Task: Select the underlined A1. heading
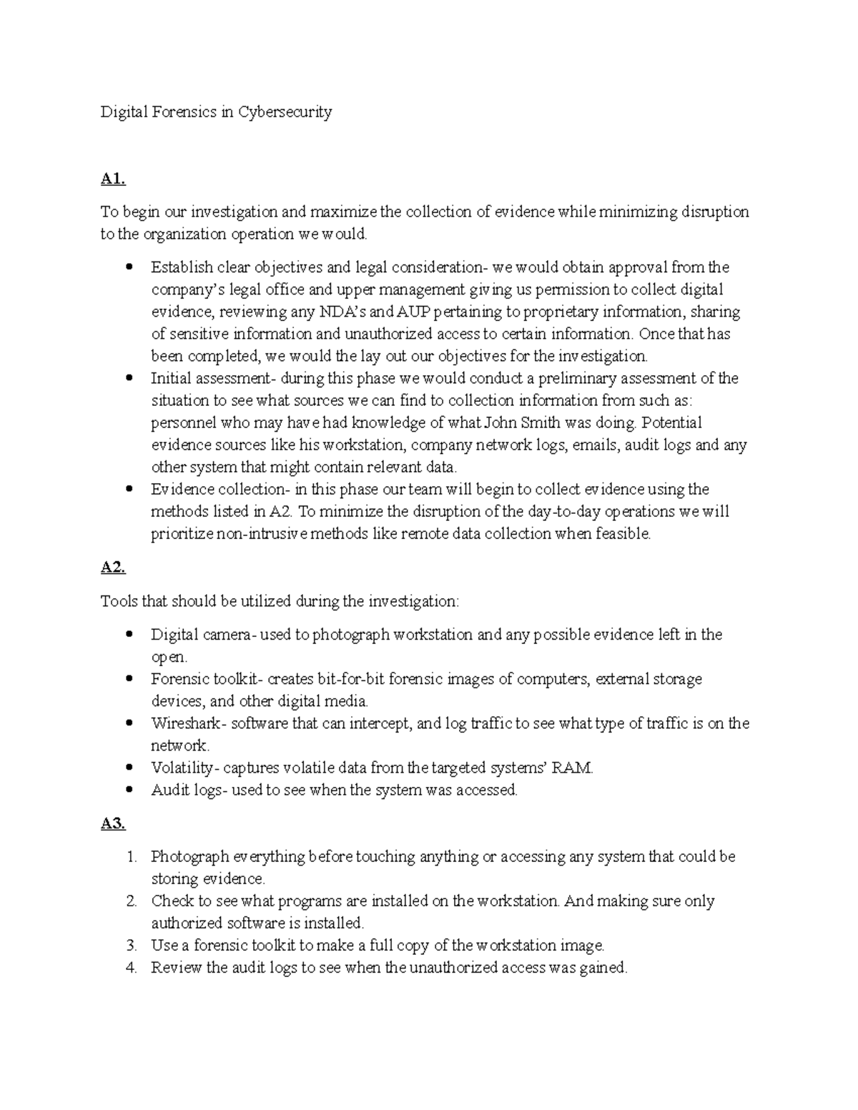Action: (x=113, y=179)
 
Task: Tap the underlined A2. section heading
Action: (x=113, y=568)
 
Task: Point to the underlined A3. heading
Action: (x=113, y=824)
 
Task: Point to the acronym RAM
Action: (x=577, y=768)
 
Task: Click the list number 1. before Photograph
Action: (x=131, y=857)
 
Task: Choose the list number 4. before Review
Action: (x=131, y=968)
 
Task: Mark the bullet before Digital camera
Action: (x=129, y=635)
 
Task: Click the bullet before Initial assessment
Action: (x=129, y=378)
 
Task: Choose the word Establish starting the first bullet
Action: (x=182, y=267)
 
